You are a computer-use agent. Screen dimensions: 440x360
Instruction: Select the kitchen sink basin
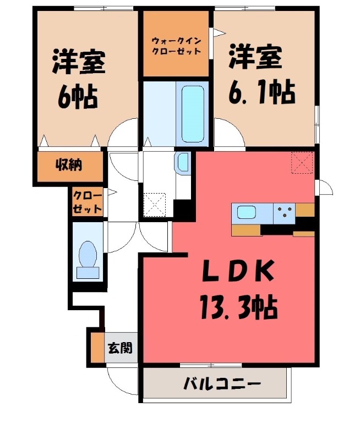(x=246, y=211)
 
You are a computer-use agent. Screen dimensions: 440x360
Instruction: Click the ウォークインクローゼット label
(x=176, y=46)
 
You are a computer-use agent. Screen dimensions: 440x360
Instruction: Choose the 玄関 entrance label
(x=119, y=348)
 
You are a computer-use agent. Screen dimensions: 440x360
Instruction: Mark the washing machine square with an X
(x=155, y=204)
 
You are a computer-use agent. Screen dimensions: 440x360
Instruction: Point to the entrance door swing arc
(x=118, y=380)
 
